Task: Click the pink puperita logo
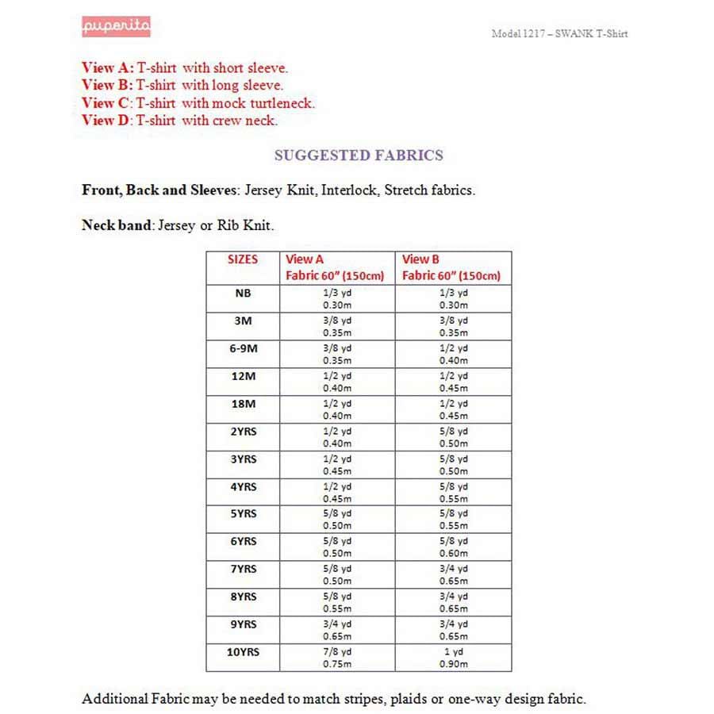click(116, 27)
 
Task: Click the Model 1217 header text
click(559, 33)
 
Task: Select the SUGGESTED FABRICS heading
click(359, 155)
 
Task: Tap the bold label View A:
click(108, 67)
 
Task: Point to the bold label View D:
click(108, 121)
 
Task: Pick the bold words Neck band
click(116, 225)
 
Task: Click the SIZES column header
click(243, 259)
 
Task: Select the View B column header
click(420, 259)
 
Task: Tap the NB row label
click(243, 293)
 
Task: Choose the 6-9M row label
click(243, 348)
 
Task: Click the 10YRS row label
click(244, 652)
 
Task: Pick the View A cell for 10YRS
click(337, 658)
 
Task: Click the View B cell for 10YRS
click(454, 658)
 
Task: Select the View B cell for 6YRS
click(454, 547)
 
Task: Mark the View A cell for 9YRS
click(337, 630)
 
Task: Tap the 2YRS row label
click(244, 432)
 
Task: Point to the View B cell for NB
click(454, 298)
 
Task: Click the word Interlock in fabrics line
click(348, 190)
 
